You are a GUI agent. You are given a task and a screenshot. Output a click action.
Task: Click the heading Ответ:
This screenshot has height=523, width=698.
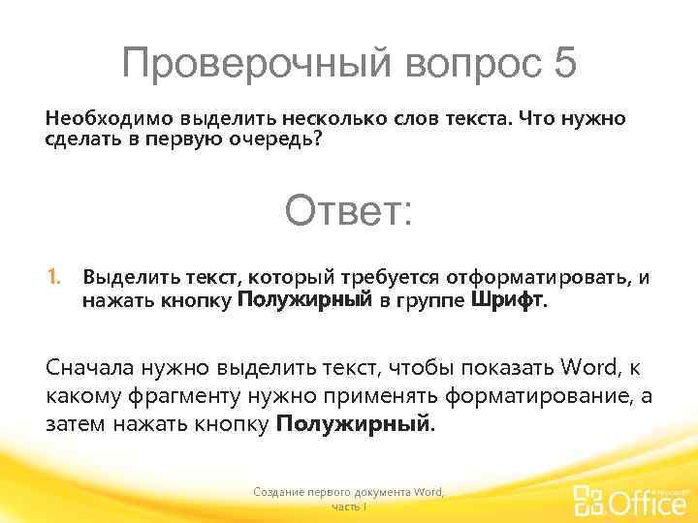click(x=348, y=211)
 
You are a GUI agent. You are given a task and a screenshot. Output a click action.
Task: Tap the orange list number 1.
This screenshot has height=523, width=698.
click(x=54, y=279)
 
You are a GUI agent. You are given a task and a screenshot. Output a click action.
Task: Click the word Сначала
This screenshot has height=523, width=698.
click(x=90, y=369)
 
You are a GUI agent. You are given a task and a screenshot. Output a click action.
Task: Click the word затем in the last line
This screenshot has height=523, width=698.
click(x=75, y=424)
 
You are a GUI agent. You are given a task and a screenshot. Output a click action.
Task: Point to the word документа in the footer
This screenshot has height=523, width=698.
click(x=379, y=493)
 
